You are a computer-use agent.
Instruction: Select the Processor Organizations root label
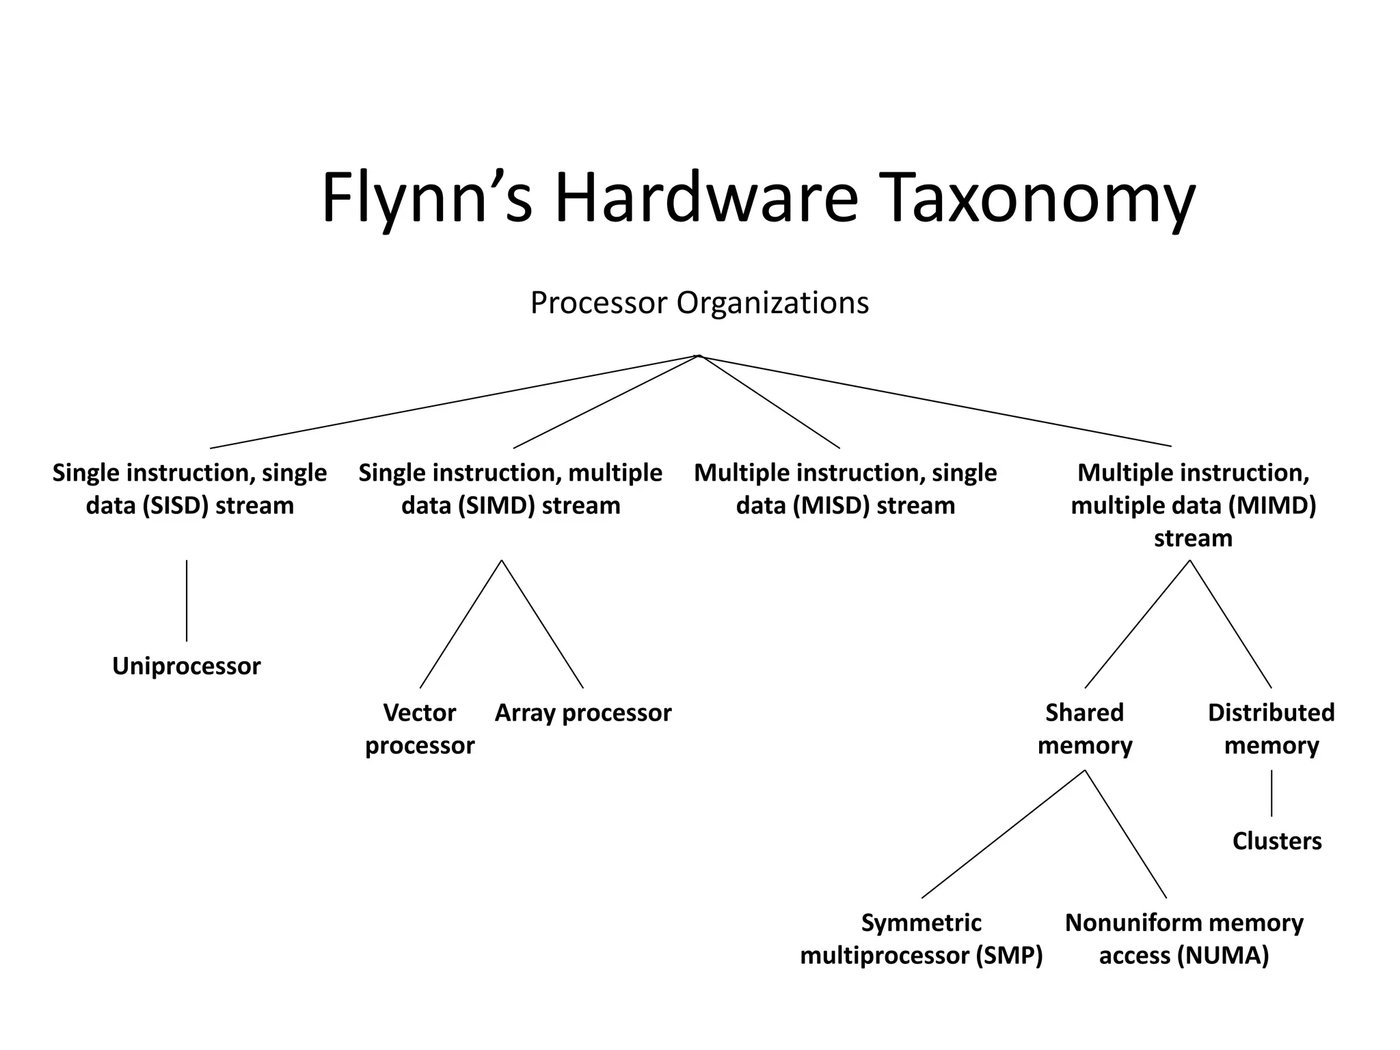point(699,303)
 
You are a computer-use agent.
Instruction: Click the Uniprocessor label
point(186,666)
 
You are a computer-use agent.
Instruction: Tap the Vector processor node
point(419,729)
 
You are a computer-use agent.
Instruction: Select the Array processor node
point(582,713)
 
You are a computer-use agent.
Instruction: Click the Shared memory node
point(1084,729)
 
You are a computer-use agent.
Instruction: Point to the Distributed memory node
point(1271,729)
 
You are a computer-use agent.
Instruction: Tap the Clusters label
point(1276,841)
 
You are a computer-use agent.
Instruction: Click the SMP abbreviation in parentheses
point(1009,955)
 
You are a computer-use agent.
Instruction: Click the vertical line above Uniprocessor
point(187,600)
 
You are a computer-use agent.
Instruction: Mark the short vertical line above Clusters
point(1271,793)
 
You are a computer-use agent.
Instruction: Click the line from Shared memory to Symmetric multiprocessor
point(1003,834)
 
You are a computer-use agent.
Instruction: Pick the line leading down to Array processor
point(542,623)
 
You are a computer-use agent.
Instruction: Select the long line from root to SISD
point(455,402)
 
